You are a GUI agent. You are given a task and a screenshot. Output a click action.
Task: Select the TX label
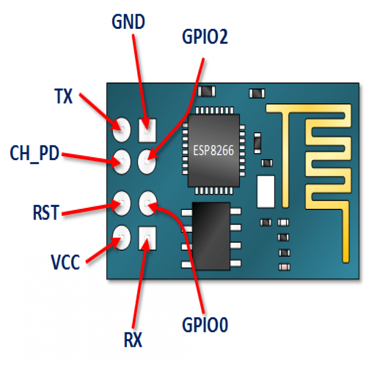(x=63, y=96)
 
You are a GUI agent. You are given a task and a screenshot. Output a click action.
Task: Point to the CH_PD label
(x=34, y=154)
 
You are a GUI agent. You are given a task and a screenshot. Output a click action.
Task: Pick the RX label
(x=132, y=340)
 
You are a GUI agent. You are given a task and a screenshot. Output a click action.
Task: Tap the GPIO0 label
(x=205, y=325)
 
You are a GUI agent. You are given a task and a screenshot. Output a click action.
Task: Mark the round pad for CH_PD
(x=120, y=160)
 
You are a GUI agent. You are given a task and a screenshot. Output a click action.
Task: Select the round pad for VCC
(x=120, y=236)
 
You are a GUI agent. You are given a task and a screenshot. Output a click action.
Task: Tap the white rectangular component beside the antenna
(x=265, y=191)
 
